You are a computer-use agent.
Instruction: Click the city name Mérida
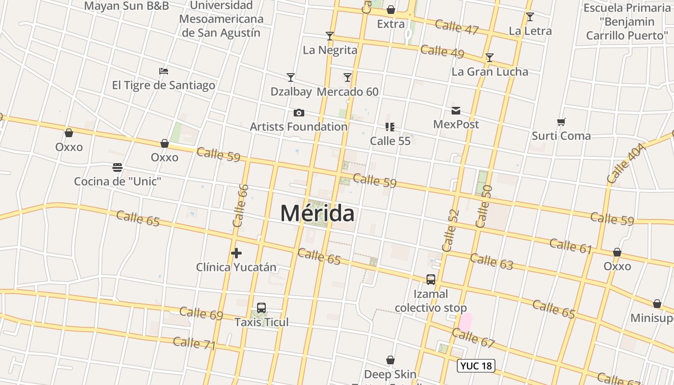[x=317, y=213]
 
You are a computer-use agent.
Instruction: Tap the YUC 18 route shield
[x=476, y=366]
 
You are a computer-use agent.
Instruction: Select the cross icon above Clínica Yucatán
[x=236, y=253]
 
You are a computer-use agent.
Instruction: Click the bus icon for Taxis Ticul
[x=261, y=308]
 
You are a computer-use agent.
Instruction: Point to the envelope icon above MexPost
[x=455, y=111]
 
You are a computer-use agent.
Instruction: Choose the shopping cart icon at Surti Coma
[x=561, y=122]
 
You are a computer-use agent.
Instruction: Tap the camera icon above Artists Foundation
[x=298, y=113]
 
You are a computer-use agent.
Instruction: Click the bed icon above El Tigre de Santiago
[x=164, y=71]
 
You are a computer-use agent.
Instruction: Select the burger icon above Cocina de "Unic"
[x=117, y=167]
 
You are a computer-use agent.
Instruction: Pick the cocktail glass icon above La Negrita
[x=330, y=36]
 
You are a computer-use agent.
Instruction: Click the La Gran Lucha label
[x=490, y=72]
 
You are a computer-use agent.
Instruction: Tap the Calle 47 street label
[x=456, y=27]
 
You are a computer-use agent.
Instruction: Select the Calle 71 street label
[x=194, y=343]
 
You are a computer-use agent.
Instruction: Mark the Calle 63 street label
[x=491, y=261]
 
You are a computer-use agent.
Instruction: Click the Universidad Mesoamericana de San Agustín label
[x=221, y=19]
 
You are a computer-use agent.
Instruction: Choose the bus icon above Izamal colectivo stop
[x=430, y=280]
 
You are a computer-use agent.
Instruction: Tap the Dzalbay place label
[x=291, y=91]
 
